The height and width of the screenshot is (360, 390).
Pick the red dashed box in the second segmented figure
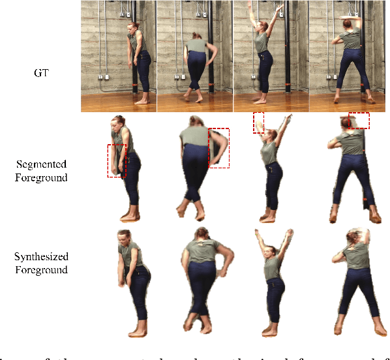[219, 149]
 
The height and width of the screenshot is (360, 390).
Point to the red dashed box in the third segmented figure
[259, 123]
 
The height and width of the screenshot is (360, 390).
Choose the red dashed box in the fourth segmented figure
[359, 121]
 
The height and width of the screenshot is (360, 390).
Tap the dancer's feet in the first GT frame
[142, 100]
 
